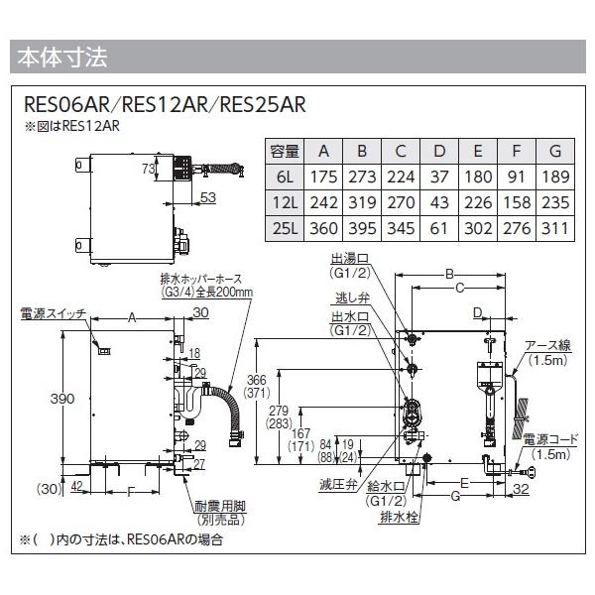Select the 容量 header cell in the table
(x=284, y=151)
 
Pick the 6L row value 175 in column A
(x=322, y=177)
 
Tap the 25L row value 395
(x=360, y=228)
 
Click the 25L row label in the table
(x=284, y=228)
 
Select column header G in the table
(x=554, y=151)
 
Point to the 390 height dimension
(x=62, y=399)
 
